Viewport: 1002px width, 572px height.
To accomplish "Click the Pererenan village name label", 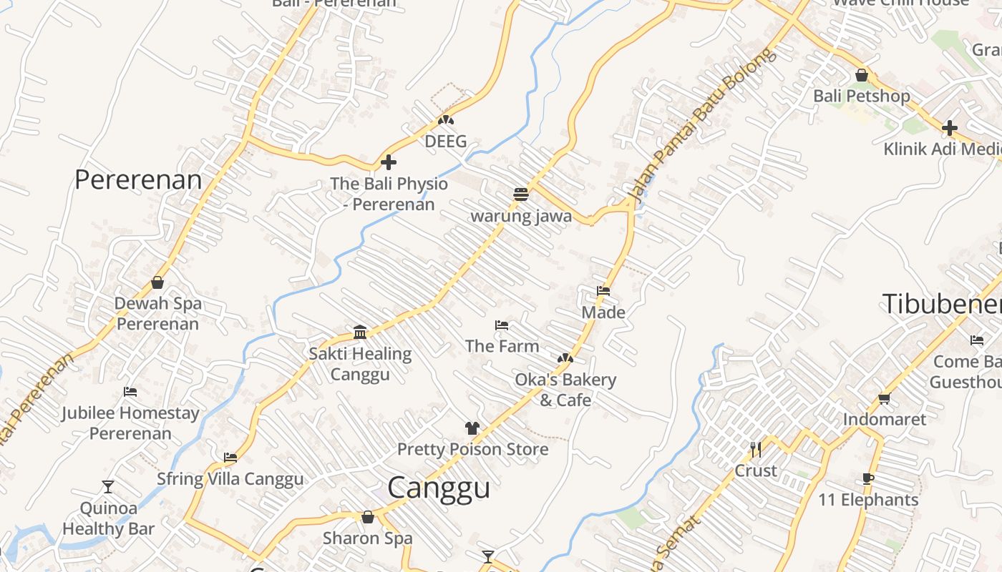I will [x=138, y=179].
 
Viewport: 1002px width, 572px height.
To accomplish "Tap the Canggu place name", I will [x=439, y=488].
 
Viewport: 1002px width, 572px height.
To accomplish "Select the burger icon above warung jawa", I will [x=520, y=194].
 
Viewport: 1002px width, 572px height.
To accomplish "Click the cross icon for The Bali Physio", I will [x=389, y=162].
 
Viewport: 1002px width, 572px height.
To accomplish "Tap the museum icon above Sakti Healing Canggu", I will [x=360, y=332].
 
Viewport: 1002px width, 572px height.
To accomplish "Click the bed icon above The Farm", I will [x=502, y=325].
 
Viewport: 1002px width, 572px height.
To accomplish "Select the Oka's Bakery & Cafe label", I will [x=565, y=390].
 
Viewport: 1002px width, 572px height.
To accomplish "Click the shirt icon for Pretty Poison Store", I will [x=472, y=428].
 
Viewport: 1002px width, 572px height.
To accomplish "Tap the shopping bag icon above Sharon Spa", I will [x=368, y=517].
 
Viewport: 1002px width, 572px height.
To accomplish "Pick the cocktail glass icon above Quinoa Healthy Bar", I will [x=108, y=487].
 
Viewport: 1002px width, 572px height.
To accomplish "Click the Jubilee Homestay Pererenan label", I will [x=130, y=423].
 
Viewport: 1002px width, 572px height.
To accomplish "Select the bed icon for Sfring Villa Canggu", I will [x=230, y=458].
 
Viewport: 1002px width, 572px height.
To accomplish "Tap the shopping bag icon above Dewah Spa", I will [x=157, y=282].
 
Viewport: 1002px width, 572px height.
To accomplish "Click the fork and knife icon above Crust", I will [x=755, y=449].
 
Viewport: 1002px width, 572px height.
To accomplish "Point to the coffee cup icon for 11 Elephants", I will [x=868, y=478].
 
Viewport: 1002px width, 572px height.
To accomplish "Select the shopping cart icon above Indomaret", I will [x=885, y=398].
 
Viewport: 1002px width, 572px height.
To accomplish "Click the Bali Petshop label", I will [x=862, y=96].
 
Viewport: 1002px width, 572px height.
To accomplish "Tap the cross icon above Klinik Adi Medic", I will [x=950, y=128].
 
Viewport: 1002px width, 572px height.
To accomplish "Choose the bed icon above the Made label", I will [x=603, y=291].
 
